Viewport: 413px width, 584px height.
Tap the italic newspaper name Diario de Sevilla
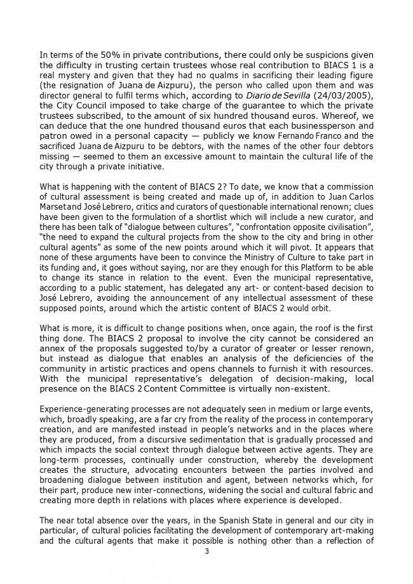[288, 95]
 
